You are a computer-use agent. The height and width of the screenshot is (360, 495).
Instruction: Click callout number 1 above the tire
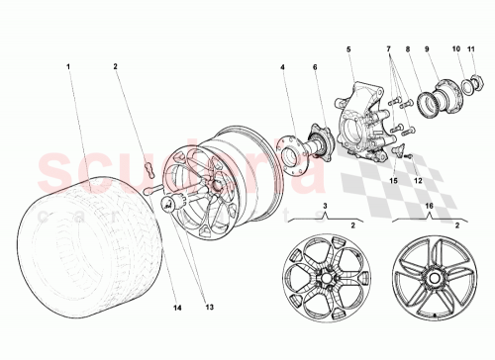(x=68, y=67)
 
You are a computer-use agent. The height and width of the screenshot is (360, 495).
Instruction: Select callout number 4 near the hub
(x=281, y=67)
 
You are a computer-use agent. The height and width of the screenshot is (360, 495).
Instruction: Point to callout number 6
(x=317, y=67)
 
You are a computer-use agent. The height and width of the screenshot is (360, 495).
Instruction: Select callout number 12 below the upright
(x=418, y=181)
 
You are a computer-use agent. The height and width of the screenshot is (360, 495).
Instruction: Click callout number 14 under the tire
(x=179, y=308)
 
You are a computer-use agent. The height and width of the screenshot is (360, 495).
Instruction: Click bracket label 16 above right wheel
(x=428, y=206)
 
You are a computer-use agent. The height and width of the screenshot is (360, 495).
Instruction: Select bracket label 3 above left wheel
(x=324, y=206)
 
